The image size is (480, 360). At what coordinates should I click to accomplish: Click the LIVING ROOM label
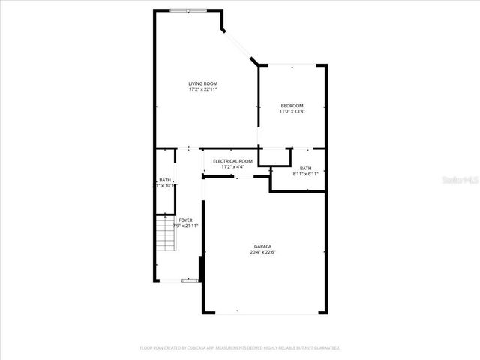coord(203,83)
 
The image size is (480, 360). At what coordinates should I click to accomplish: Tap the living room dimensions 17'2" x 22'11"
coord(203,90)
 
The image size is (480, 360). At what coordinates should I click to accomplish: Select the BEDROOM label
coord(292,106)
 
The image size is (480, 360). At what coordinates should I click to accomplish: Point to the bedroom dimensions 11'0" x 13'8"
coord(292,112)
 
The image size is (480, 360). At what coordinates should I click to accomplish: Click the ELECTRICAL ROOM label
coord(232,161)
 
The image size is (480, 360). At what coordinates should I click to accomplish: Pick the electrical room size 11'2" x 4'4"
coord(232,167)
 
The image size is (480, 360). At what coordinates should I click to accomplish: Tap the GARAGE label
coord(262,246)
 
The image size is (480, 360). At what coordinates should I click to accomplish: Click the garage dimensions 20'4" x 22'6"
coord(262,253)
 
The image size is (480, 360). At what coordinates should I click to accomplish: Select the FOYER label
coord(185,220)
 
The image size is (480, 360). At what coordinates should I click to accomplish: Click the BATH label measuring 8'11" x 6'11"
coord(305,168)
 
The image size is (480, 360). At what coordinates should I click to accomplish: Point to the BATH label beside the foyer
coord(165,180)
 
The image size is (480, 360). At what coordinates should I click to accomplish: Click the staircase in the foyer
coord(165,234)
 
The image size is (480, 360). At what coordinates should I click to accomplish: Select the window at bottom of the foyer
coord(190,280)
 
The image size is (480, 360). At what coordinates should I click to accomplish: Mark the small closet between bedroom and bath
coord(274,156)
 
